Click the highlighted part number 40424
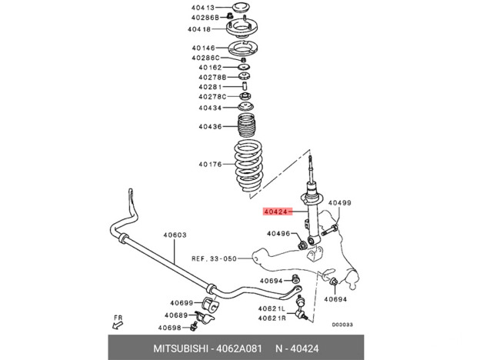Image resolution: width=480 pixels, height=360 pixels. click(275, 210)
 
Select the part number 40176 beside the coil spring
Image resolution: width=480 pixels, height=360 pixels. click(210, 163)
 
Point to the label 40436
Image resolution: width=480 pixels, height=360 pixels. click(210, 126)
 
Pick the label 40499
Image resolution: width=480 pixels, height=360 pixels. click(339, 203)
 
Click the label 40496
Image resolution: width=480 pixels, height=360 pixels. click(278, 233)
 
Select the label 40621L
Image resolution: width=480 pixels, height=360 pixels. click(272, 308)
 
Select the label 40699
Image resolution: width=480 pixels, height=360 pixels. click(182, 303)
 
